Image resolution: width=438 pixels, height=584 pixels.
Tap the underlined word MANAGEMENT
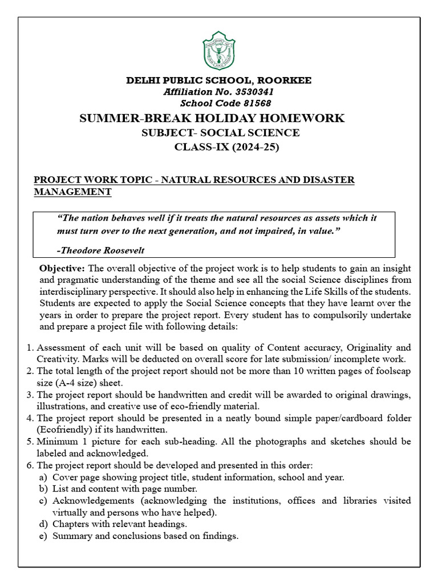click(x=72, y=192)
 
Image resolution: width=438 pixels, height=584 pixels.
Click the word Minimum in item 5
click(x=55, y=442)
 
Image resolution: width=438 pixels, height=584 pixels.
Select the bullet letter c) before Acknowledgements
click(x=43, y=501)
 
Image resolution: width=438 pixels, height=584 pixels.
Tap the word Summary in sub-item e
click(x=71, y=536)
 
